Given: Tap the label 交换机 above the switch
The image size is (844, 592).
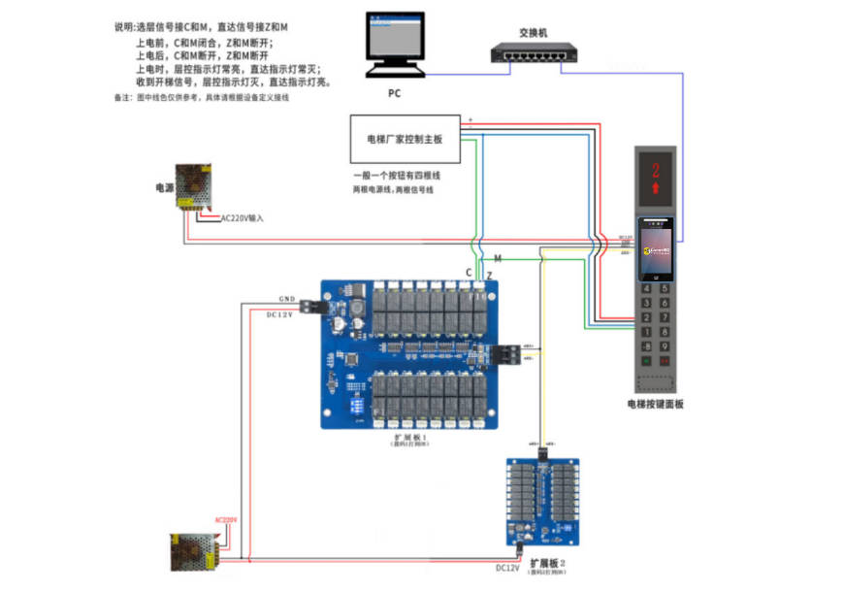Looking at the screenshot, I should [534, 32].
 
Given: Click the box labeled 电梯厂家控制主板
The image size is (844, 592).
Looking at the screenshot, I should [404, 139].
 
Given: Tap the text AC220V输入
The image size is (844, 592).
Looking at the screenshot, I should [243, 218].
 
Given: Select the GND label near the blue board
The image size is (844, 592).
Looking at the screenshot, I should [286, 299].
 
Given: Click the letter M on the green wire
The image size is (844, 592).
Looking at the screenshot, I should [498, 259].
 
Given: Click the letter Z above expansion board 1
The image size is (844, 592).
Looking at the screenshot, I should [489, 276].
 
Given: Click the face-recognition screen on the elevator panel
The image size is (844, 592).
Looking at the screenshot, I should [656, 250].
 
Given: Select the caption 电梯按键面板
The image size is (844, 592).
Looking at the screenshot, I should [655, 404].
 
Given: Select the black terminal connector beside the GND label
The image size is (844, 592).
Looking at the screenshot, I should [310, 306].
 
